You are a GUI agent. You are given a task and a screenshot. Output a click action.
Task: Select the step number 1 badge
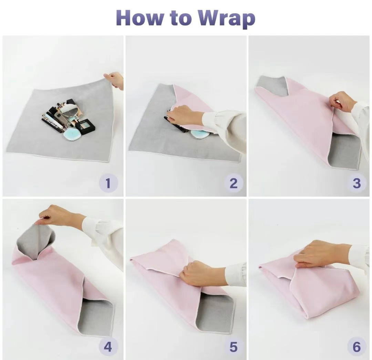(x=108, y=183)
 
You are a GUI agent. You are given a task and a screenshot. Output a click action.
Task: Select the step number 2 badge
(x=234, y=183)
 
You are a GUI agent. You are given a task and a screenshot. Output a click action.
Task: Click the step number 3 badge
(x=356, y=183)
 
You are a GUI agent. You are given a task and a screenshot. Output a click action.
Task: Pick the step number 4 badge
(x=108, y=347)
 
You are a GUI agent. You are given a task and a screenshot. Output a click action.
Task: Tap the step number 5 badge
(x=234, y=347)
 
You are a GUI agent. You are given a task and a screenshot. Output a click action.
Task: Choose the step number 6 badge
(x=356, y=347)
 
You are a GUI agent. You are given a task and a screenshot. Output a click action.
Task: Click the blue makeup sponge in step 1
(x=72, y=135)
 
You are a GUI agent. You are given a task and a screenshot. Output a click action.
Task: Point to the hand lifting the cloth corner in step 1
(x=114, y=80)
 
